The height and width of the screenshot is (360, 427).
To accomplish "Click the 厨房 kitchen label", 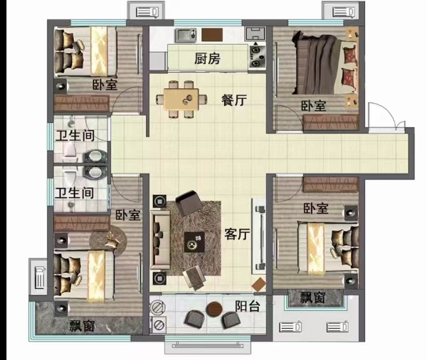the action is tap(207, 58).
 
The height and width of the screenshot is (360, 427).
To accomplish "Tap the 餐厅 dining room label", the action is tap(234, 100).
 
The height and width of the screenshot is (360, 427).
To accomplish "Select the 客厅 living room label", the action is tap(237, 234).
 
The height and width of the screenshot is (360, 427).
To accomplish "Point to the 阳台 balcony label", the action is tap(248, 306).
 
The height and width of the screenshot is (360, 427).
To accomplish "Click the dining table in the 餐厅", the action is tap(181, 100).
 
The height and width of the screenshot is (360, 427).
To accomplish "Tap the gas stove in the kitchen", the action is tap(257, 56).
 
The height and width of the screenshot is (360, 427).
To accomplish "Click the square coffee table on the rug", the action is tap(194, 242).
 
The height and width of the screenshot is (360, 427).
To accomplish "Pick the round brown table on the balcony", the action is tap(214, 309).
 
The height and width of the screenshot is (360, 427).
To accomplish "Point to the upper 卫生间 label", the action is tap(75, 136).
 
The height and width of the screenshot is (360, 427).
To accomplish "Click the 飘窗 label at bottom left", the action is tap(82, 325).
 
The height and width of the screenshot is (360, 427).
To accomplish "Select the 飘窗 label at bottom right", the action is tap(312, 297).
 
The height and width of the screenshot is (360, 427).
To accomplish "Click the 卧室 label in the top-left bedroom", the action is tap(105, 85).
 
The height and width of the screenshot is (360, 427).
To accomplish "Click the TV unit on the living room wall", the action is tap(258, 236).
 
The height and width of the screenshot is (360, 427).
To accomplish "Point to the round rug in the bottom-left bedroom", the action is tap(108, 242).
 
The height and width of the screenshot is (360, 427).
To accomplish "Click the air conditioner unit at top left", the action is tap(147, 12).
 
